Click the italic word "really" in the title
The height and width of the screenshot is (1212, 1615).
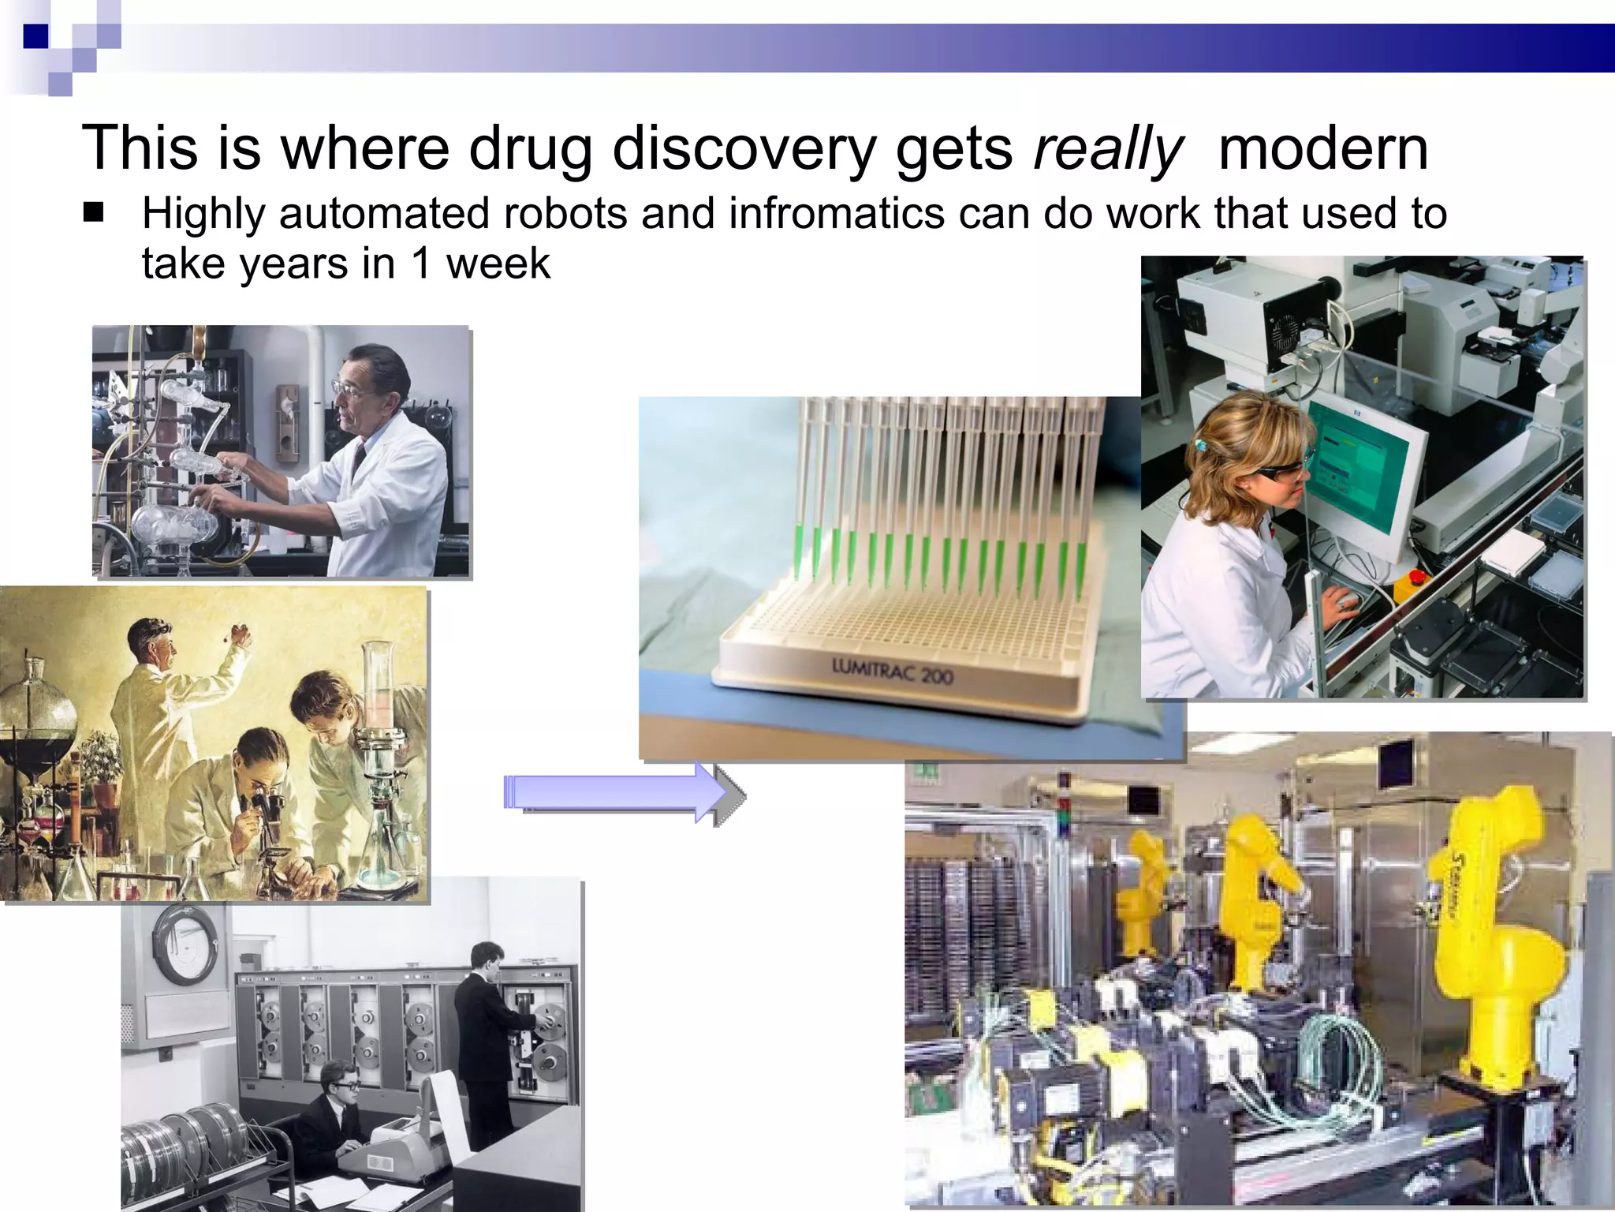pos(1108,149)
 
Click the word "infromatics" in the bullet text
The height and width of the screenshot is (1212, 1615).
pos(837,214)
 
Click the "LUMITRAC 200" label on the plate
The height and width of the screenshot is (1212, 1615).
pos(892,672)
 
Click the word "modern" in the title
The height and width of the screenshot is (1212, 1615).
pos(1323,149)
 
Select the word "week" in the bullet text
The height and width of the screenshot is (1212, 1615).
pos(498,264)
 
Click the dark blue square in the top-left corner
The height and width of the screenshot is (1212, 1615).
pos(35,36)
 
